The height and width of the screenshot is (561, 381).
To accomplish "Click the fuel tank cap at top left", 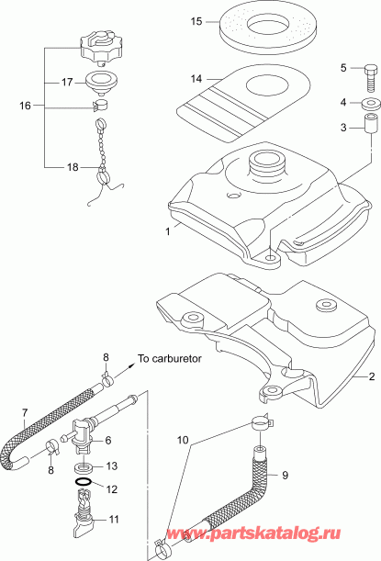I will pyautogui.click(x=101, y=41).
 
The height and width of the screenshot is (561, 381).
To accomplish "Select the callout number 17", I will pyautogui.click(x=67, y=82).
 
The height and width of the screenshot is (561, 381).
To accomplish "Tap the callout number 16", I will pyautogui.click(x=25, y=107).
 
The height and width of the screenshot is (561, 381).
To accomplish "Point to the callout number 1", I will pyautogui.click(x=167, y=232).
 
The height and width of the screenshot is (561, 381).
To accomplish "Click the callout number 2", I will pyautogui.click(x=372, y=376).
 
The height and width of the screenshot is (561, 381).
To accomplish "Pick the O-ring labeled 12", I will pyautogui.click(x=83, y=481).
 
